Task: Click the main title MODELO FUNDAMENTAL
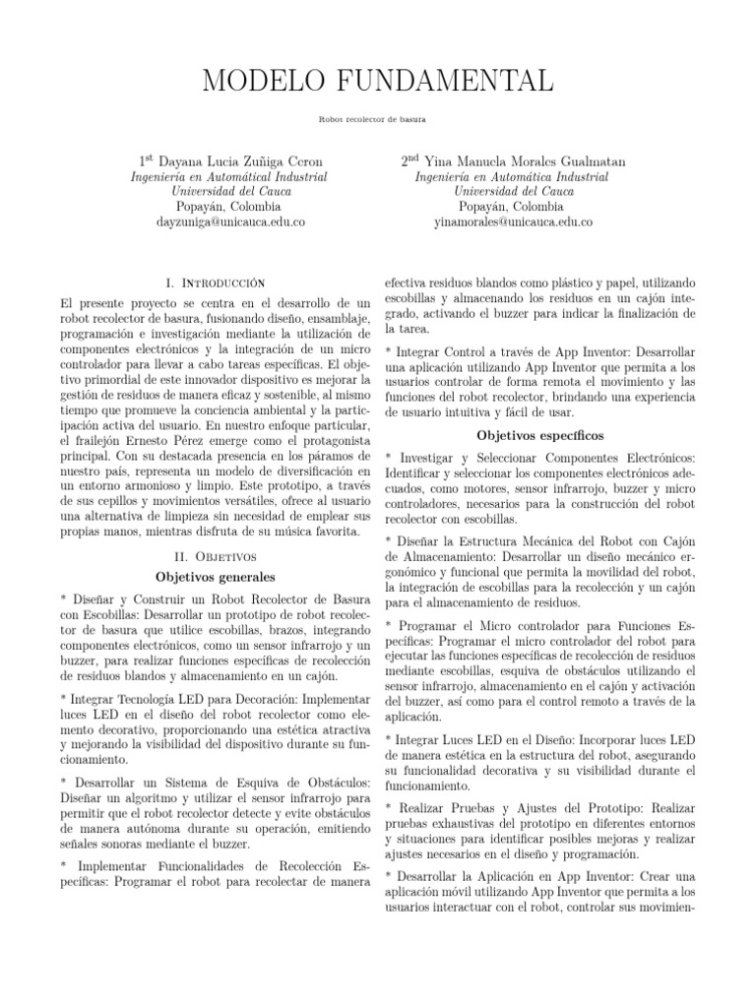pyautogui.click(x=378, y=80)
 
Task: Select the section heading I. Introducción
pyautogui.click(x=214, y=283)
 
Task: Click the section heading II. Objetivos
pyautogui.click(x=214, y=555)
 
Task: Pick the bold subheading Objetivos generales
pyautogui.click(x=214, y=576)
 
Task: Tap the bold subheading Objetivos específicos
pyautogui.click(x=539, y=434)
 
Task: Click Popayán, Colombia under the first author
pyautogui.click(x=228, y=208)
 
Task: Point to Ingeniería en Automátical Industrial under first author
pyautogui.click(x=228, y=177)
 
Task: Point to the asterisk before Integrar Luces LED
pyautogui.click(x=389, y=738)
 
